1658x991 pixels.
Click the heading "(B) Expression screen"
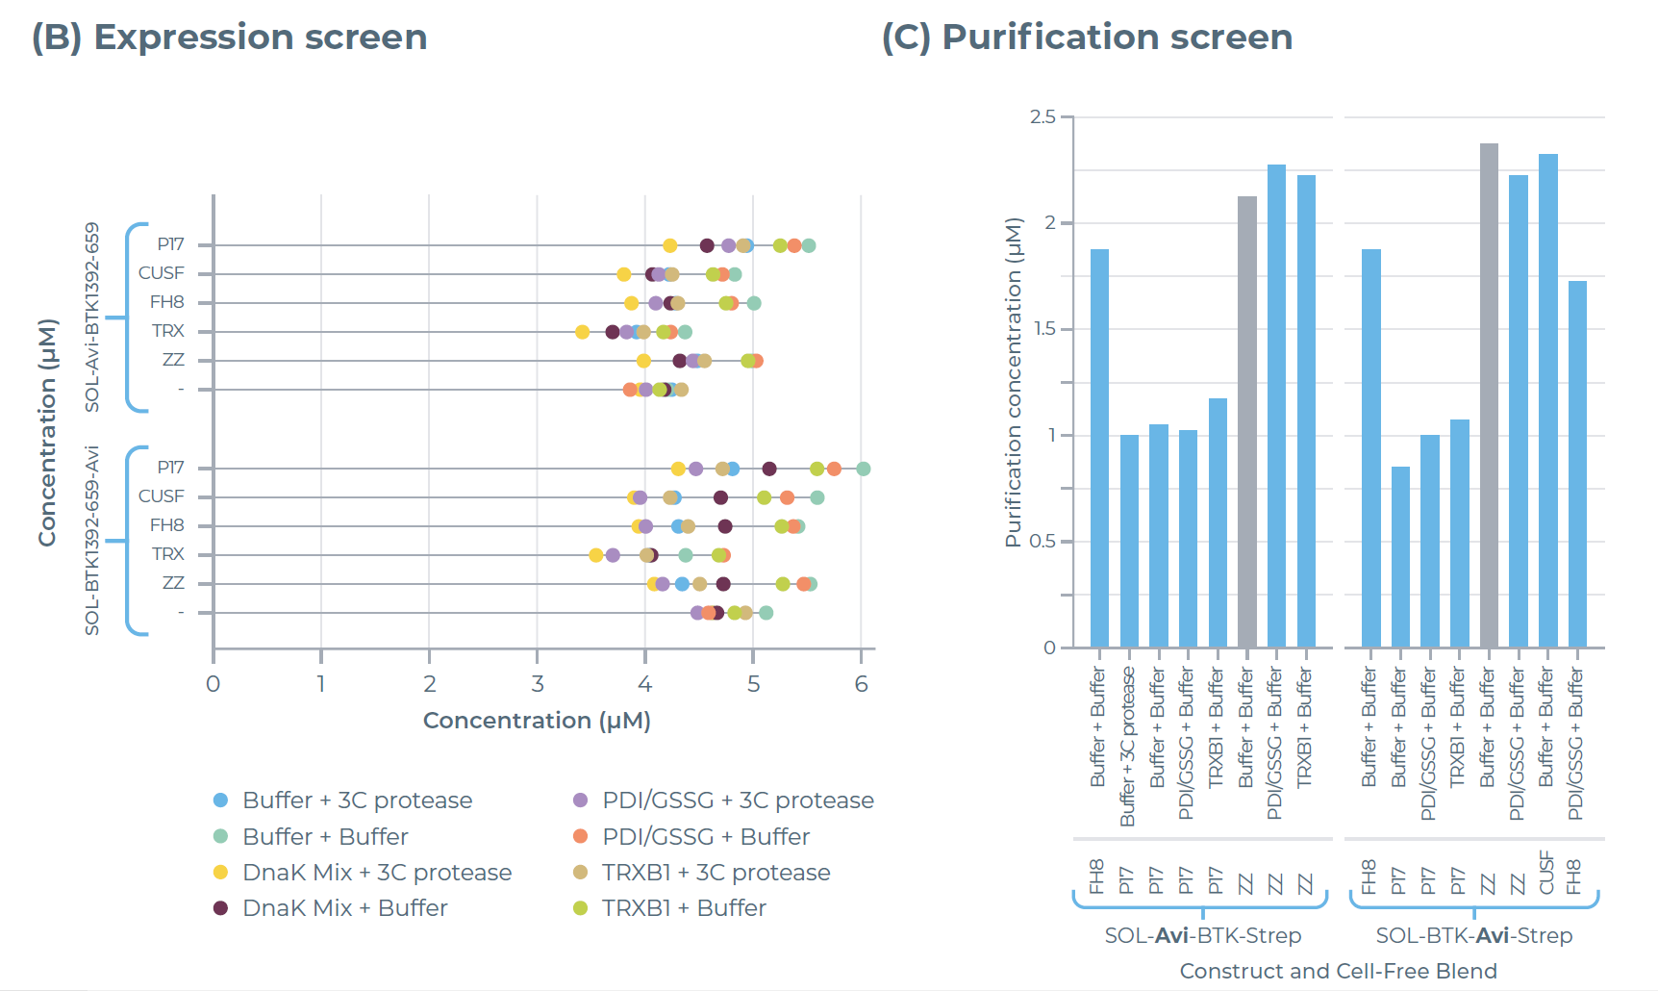[229, 38]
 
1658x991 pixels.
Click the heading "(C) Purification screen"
[1087, 38]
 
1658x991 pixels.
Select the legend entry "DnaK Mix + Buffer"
[344, 908]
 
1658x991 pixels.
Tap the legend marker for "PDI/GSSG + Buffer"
[580, 837]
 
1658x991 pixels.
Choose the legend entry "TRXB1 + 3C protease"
[716, 873]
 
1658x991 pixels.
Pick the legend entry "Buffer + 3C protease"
[357, 800]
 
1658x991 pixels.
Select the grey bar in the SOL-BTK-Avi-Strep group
[1489, 394]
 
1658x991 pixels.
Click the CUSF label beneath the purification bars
[1546, 873]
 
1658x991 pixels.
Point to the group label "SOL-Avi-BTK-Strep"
[1202, 935]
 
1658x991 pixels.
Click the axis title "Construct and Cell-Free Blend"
[1338, 971]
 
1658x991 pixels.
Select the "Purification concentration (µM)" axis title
[1013, 382]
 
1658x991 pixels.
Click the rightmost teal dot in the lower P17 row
[863, 469]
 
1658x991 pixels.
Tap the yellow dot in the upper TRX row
[582, 332]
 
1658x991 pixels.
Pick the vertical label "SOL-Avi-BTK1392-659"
[92, 318]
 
